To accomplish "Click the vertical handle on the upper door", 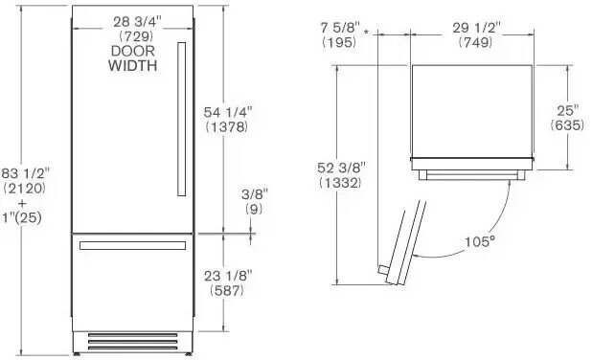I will pyautogui.click(x=179, y=120).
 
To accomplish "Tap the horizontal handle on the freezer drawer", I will pyautogui.click(x=131, y=247).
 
